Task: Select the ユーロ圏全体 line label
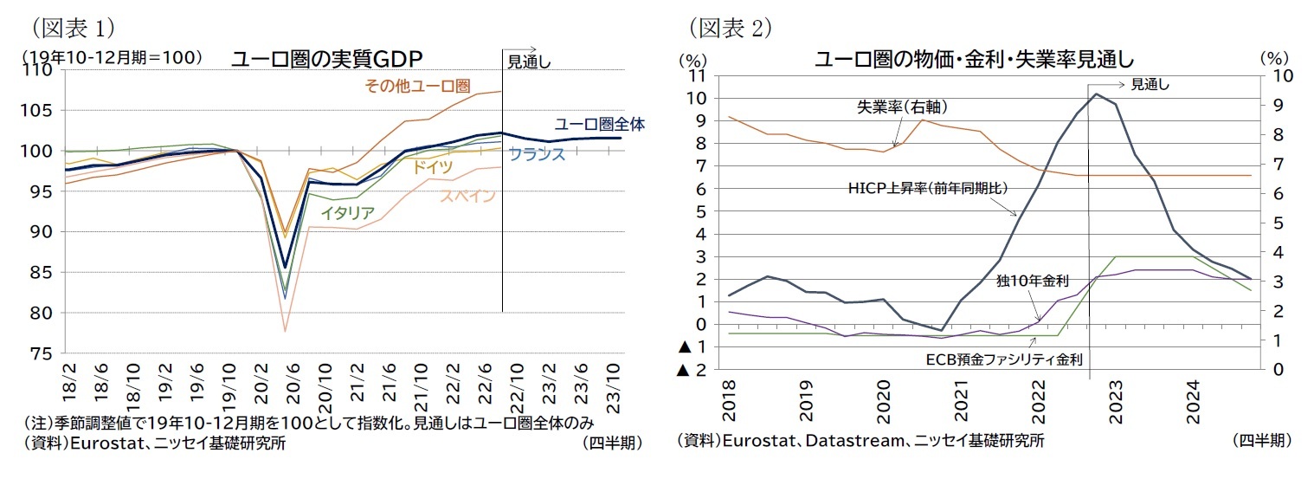coord(599,124)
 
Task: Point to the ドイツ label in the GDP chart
coord(431,167)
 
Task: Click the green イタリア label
coord(347,212)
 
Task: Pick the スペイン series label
coord(467,196)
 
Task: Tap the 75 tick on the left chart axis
coord(41,353)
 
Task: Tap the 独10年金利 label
coord(1033,281)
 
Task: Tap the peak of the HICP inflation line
coord(1096,94)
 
